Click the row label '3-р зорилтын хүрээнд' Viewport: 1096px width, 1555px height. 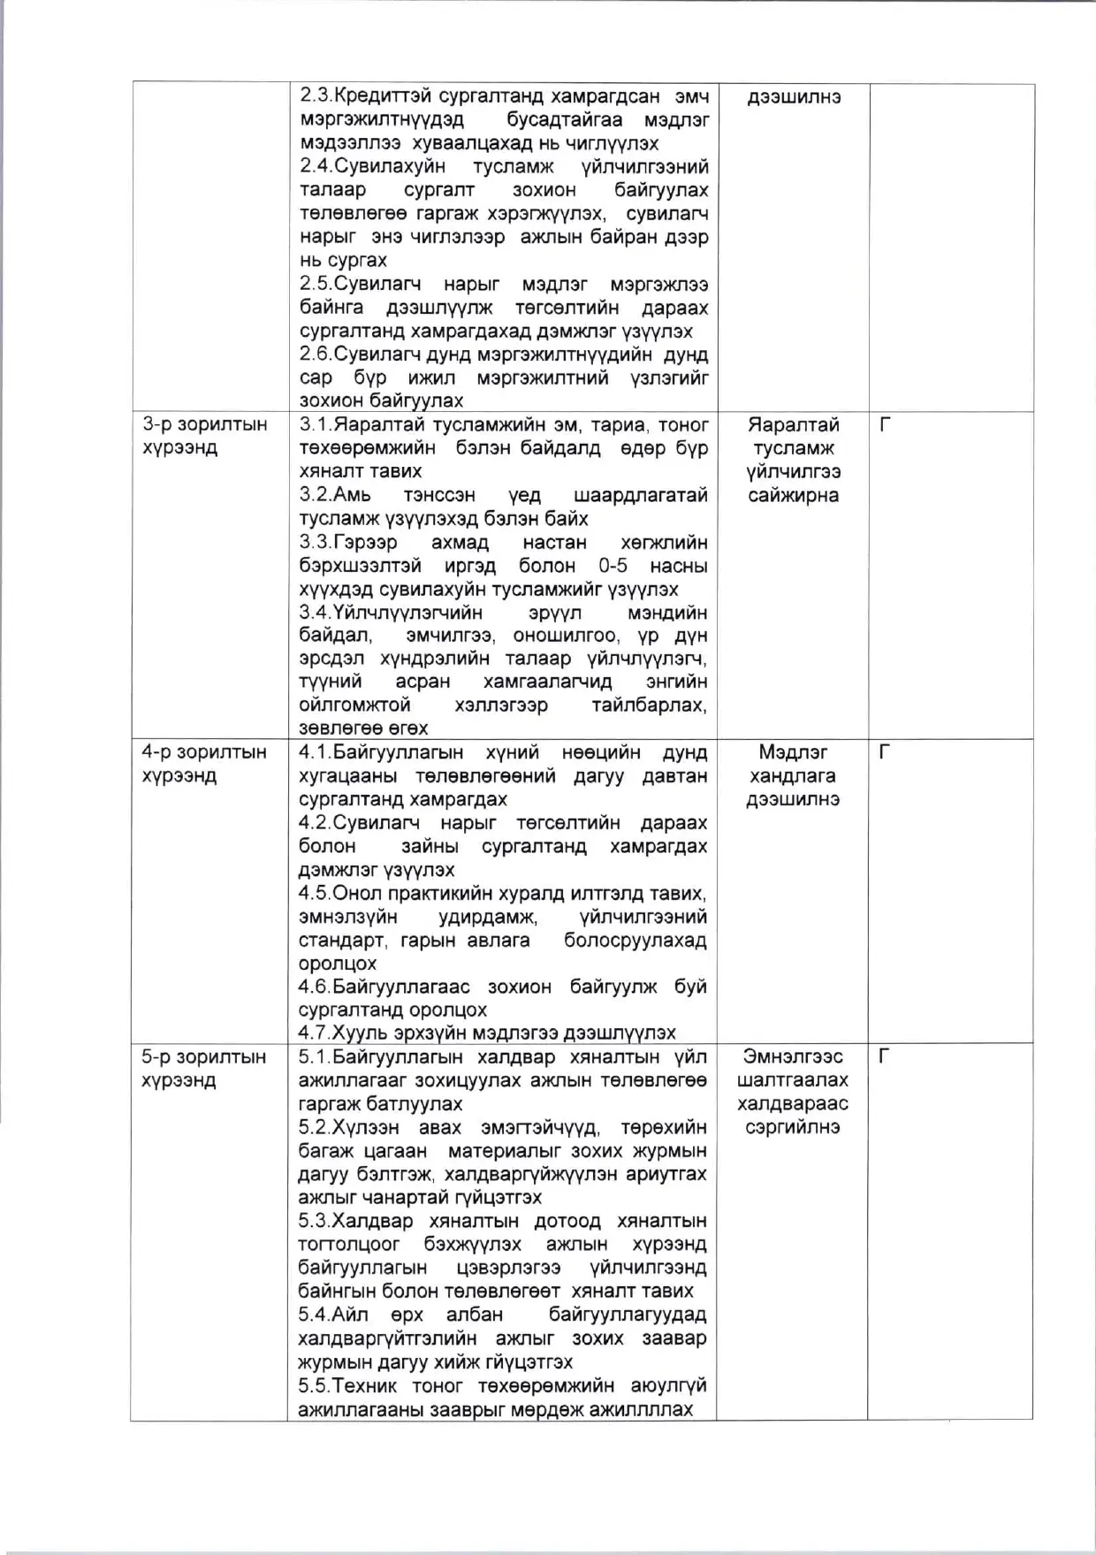click(204, 436)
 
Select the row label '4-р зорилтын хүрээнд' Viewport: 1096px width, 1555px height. click(203, 764)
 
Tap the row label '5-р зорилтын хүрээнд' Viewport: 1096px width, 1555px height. click(203, 1069)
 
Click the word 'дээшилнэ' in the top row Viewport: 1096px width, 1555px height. click(794, 97)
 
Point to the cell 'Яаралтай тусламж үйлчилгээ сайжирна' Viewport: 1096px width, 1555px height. click(793, 460)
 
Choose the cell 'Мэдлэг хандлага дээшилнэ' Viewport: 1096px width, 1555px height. click(793, 776)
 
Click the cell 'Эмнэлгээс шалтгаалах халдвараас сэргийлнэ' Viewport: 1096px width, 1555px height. click(793, 1092)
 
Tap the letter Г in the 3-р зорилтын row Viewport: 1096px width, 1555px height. click(885, 425)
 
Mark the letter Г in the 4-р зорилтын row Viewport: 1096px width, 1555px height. click(885, 753)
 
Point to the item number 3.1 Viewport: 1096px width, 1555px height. click(315, 425)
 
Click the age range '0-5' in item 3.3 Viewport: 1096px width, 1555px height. click(612, 566)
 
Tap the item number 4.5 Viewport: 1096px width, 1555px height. click(315, 893)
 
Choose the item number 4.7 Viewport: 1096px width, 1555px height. click(315, 1033)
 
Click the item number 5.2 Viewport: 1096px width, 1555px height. click(315, 1127)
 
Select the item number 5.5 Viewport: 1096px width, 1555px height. click(315, 1385)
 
